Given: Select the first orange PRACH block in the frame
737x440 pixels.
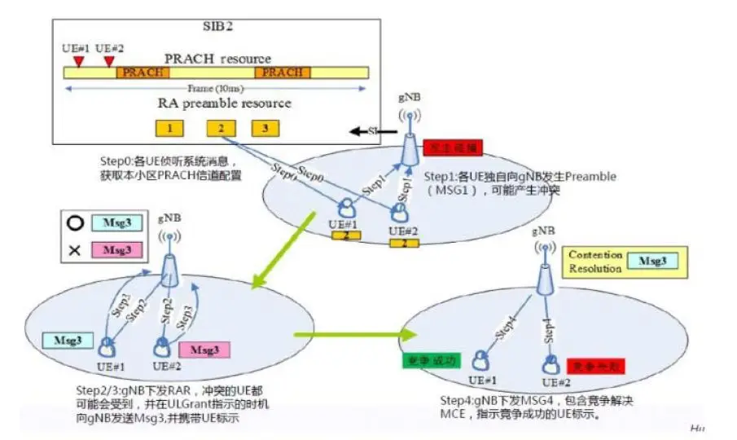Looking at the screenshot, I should (x=143, y=73).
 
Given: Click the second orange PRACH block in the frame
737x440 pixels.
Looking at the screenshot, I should (x=282, y=73).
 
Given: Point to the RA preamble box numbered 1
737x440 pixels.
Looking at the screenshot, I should (x=169, y=128).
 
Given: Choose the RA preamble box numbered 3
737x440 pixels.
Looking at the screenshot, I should (x=265, y=128).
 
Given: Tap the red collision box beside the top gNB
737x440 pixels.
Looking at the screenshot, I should (x=452, y=147).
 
